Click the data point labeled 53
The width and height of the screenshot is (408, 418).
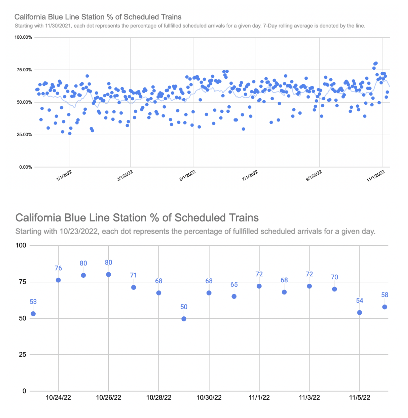click(33, 314)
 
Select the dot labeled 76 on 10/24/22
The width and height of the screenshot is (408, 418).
click(58, 280)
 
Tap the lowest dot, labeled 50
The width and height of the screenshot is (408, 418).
click(184, 319)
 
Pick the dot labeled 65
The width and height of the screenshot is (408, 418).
click(234, 297)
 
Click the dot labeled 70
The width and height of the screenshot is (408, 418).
click(334, 289)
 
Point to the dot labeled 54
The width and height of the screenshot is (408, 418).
click(360, 313)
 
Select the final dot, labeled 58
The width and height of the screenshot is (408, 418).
click(385, 307)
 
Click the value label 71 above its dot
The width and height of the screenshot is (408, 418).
click(134, 275)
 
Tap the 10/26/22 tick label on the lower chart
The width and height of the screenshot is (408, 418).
click(109, 397)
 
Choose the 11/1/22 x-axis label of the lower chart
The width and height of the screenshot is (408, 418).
click(259, 397)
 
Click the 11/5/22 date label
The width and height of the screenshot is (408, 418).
click(360, 397)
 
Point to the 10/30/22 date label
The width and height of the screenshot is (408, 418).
click(209, 397)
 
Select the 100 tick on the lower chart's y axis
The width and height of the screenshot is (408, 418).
click(21, 245)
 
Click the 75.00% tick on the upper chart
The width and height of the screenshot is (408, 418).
click(23, 70)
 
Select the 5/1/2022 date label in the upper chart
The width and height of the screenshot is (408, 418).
click(187, 176)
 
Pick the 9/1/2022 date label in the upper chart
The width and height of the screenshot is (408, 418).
click(314, 176)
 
